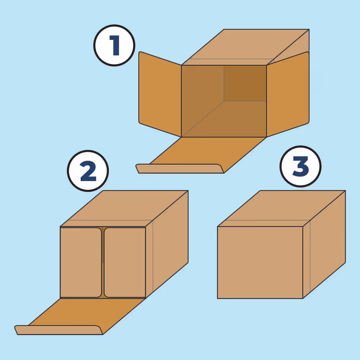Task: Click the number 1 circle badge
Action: (114, 45)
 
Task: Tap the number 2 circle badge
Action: (88, 171)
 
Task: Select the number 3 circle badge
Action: (301, 166)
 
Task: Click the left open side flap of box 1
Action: (160, 94)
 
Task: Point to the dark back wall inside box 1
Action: (245, 83)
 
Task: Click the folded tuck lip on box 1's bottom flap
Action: (180, 168)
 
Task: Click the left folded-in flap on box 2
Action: (81, 262)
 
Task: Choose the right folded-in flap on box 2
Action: (125, 262)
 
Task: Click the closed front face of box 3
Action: (260, 262)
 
